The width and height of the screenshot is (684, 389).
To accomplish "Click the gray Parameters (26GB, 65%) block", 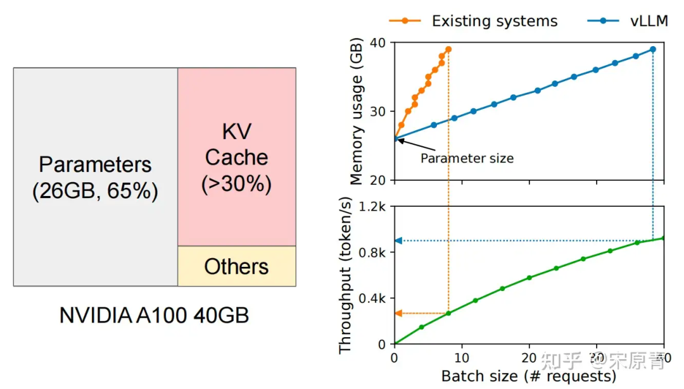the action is (x=96, y=177).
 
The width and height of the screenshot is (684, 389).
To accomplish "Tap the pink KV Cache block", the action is (x=237, y=157).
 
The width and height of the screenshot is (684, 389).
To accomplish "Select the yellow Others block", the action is (x=237, y=266).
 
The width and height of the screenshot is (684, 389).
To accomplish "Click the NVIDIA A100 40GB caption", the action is (x=154, y=316).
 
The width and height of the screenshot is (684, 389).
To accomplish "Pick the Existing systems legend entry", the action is (x=473, y=21).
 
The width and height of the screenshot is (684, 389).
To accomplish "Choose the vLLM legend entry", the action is (x=628, y=21).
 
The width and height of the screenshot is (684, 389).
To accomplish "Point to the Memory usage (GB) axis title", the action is (x=357, y=111).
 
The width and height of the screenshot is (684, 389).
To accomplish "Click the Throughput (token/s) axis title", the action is (x=345, y=275).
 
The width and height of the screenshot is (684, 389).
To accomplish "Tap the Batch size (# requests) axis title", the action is (x=529, y=376).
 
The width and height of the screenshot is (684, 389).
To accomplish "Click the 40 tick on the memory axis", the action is (x=377, y=42).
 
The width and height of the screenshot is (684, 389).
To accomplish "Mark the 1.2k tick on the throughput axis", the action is (x=372, y=206).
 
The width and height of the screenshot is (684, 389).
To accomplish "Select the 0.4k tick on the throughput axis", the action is (x=372, y=299).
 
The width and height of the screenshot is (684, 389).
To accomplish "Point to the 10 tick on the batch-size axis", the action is (x=462, y=358).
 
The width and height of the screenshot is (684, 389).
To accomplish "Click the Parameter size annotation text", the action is (x=467, y=158).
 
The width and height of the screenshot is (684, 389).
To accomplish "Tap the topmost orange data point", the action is (x=448, y=50).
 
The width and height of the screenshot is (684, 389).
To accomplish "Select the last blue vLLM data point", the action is (x=653, y=50).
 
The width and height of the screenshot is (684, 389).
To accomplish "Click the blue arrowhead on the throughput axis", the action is (x=398, y=240).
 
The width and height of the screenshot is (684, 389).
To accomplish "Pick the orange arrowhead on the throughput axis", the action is (x=398, y=313).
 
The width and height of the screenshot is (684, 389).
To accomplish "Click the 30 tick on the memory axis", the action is (x=377, y=111).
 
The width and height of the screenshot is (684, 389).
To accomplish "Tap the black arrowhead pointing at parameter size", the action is (x=400, y=140).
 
